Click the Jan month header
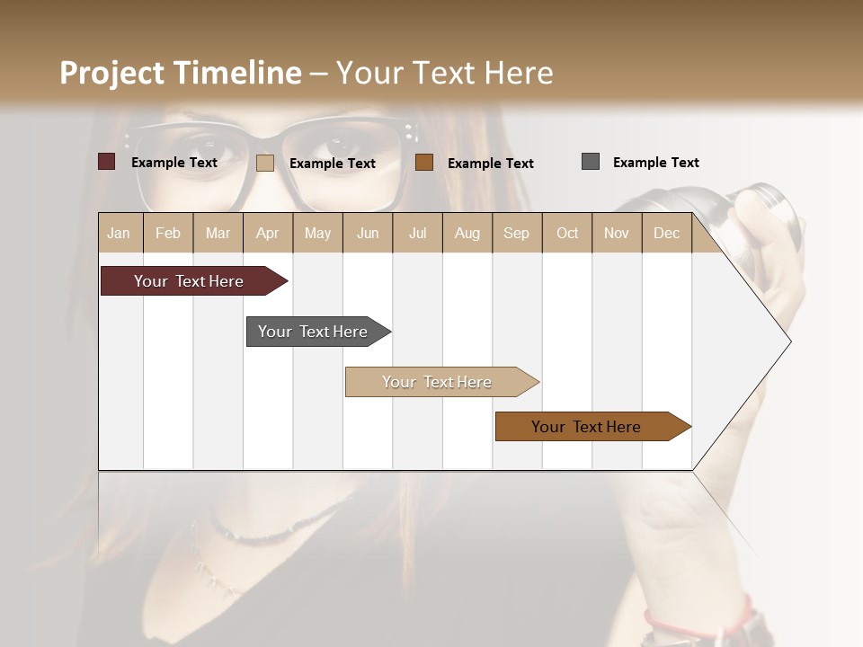coord(120,233)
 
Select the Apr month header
coord(268,233)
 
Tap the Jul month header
coord(417,233)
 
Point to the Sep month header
coord(516,233)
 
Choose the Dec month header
coord(666,233)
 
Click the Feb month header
coord(168,233)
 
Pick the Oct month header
coord(567,233)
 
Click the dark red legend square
coord(107,162)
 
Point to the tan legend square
coord(265,163)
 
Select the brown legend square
coord(424,163)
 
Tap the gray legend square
coord(591,162)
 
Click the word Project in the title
coord(112,73)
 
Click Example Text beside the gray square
coord(655,163)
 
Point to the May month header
coord(317,233)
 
